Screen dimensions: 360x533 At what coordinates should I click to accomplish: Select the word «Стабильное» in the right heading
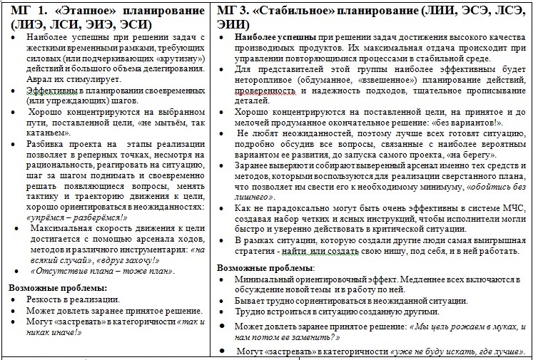[x=294, y=12]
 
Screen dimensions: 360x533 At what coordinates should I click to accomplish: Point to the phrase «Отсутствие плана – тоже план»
[x=101, y=271]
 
